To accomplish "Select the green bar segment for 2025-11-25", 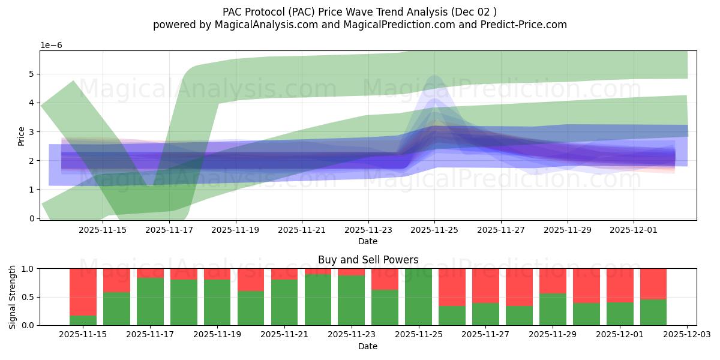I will pyautogui.click(x=419, y=297).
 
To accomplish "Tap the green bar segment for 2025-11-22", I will pyautogui.click(x=318, y=300).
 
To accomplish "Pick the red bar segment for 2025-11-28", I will pyautogui.click(x=519, y=287).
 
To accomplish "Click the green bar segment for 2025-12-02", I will pyautogui.click(x=653, y=312).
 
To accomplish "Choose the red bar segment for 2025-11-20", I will pyautogui.click(x=251, y=280).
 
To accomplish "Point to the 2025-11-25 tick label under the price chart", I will pyautogui.click(x=434, y=229).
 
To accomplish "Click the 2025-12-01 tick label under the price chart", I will pyautogui.click(x=634, y=229).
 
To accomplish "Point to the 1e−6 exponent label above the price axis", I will pyautogui.click(x=51, y=45).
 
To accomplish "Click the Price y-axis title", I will pyautogui.click(x=22, y=136).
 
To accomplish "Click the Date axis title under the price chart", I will pyautogui.click(x=368, y=241).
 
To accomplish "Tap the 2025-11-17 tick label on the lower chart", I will pyautogui.click(x=150, y=335).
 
